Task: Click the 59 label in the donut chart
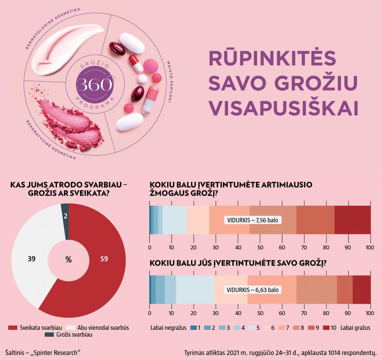103,259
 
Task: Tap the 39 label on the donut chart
32,259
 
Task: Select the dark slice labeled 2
65,216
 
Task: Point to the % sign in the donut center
68,260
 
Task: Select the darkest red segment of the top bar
353,220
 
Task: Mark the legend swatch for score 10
326,328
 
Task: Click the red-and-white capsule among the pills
136,63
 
